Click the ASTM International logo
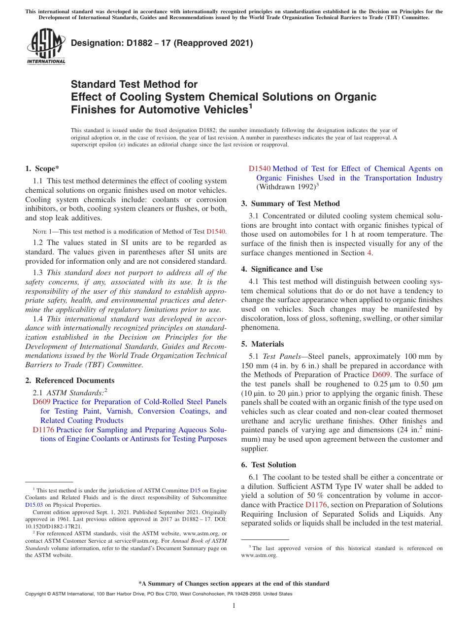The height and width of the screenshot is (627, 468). click(46, 47)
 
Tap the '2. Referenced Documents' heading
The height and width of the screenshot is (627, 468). click(69, 380)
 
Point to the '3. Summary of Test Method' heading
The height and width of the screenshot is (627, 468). click(290, 203)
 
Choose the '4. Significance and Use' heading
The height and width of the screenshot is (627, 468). click(282, 269)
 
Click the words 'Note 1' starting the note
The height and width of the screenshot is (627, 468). click(39, 231)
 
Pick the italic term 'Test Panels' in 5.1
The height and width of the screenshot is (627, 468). click(280, 356)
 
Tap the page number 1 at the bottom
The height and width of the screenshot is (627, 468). click(234, 605)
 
